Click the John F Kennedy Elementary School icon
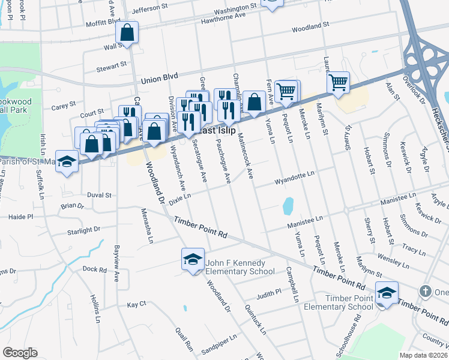(193, 260)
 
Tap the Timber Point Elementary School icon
(387, 293)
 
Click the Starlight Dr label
(83, 230)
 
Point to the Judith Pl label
(269, 295)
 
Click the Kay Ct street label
(137, 305)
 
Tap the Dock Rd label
(94, 269)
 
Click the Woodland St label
(311, 28)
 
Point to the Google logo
(20, 353)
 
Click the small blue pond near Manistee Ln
(288, 206)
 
